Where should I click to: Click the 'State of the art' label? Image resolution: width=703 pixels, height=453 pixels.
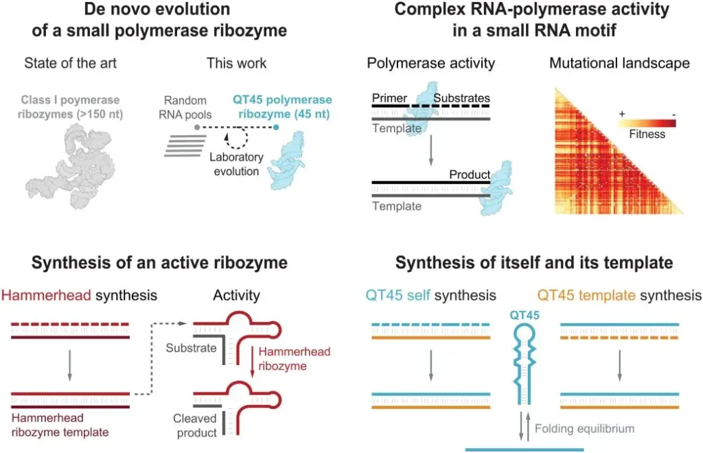[x=70, y=64]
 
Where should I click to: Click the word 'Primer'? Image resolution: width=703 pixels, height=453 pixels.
[x=389, y=98]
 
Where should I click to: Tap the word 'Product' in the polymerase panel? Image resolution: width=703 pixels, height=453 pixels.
[x=470, y=174]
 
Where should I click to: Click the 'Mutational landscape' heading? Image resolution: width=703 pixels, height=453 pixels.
[x=620, y=64]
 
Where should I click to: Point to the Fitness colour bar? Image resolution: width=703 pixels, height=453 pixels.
[x=646, y=123]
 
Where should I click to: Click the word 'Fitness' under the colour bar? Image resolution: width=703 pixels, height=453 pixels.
[x=647, y=135]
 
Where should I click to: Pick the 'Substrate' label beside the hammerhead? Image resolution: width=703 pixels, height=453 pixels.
[x=191, y=348]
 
